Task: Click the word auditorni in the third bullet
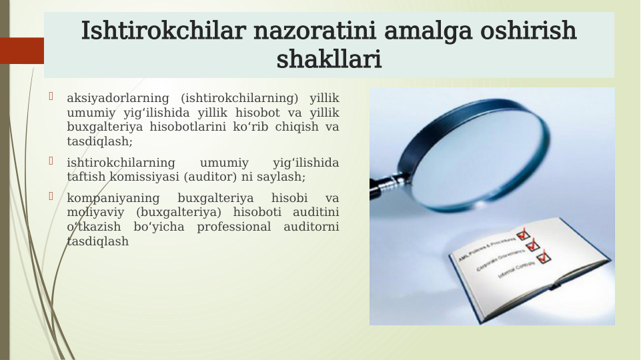tap(311, 227)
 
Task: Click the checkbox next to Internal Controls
tap(544, 257)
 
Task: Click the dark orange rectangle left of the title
tap(21, 51)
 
